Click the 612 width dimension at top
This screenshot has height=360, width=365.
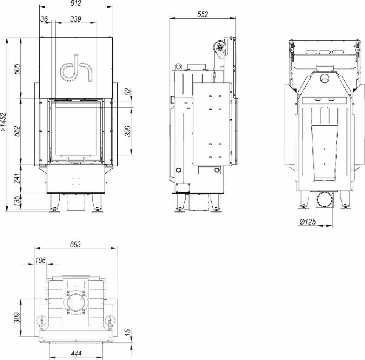click(x=76, y=3)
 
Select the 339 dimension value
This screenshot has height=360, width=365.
click(x=76, y=19)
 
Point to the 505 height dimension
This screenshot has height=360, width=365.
click(x=17, y=69)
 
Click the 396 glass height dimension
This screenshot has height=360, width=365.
click(x=128, y=131)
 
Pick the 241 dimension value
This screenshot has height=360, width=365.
click(x=17, y=178)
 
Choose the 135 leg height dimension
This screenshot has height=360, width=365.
click(x=17, y=201)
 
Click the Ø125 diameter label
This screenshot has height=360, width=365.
click(x=308, y=222)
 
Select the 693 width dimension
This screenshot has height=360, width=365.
click(x=76, y=244)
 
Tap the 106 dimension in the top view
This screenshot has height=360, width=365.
click(x=40, y=260)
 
